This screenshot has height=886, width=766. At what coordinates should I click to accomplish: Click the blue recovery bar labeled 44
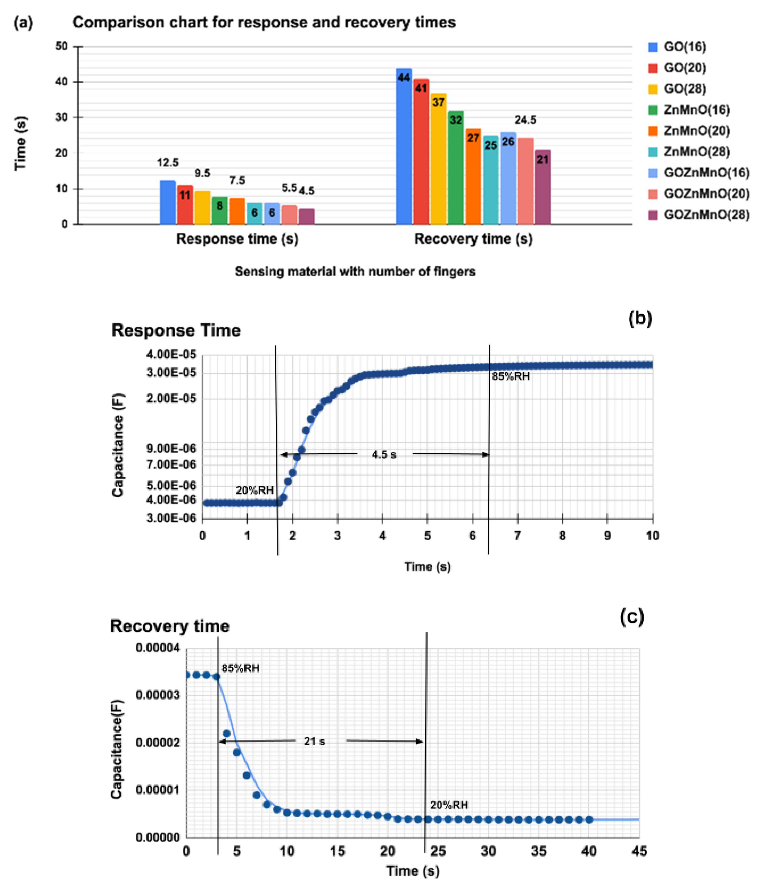[x=404, y=150]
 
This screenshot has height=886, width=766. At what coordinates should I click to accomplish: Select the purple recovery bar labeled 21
[x=542, y=188]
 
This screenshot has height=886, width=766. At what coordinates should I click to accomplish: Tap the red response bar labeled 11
[x=185, y=205]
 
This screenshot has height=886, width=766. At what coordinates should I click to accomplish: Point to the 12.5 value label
[x=168, y=162]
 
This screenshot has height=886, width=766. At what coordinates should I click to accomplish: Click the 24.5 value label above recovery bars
[x=525, y=120]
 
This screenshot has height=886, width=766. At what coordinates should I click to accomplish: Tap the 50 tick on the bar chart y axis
[x=62, y=46]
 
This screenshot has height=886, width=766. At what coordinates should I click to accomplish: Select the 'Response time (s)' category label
[x=237, y=239]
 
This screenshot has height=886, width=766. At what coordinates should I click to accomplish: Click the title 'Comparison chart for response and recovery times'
[x=264, y=22]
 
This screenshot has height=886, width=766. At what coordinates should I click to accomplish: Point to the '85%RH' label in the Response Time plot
[x=510, y=376]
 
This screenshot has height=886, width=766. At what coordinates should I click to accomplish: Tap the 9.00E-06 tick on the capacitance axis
[x=171, y=448]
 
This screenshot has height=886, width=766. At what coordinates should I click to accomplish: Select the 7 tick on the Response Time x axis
[x=517, y=536]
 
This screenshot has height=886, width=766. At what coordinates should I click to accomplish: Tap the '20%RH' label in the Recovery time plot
[x=449, y=805]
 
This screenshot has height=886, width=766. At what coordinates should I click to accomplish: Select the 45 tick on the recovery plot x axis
[x=639, y=851]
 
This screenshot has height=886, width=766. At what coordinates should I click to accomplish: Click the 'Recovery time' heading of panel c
[x=170, y=626]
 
